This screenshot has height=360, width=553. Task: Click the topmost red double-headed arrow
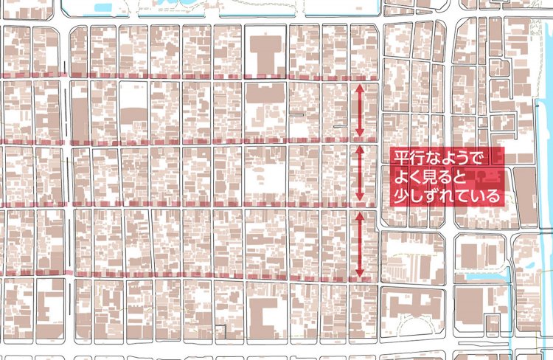coord(360,111)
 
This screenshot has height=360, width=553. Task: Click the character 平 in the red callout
coord(401,158)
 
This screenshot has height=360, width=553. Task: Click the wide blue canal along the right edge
coord(546,184)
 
